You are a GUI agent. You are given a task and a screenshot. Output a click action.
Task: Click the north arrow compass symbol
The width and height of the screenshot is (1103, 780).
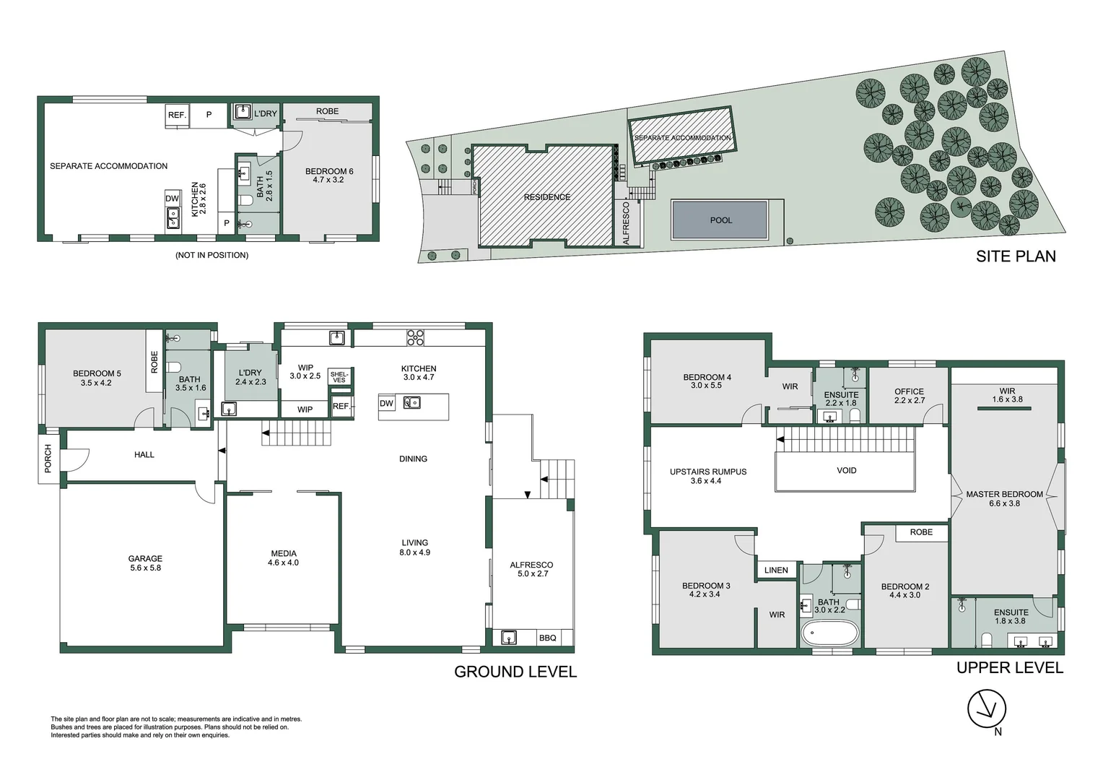point(987,708)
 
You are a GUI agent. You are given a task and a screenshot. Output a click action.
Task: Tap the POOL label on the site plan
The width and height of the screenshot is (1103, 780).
point(721,220)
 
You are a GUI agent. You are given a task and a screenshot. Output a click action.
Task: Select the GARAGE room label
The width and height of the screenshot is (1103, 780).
point(145,558)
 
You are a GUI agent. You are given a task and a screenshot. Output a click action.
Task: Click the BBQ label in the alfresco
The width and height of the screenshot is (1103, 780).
point(548,638)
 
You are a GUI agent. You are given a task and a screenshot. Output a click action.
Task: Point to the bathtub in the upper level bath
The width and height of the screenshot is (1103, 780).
point(829,633)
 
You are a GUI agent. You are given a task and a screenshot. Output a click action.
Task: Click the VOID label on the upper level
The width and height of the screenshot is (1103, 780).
point(847,471)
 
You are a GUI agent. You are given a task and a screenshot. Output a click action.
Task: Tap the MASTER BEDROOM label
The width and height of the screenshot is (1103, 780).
point(1005,494)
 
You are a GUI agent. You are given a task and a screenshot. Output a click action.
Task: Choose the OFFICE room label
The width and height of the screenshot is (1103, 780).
point(910,391)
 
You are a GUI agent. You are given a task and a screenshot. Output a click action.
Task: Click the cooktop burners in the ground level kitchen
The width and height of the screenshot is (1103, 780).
point(415,337)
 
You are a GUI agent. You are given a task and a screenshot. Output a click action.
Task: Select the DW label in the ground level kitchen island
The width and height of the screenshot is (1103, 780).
point(386,404)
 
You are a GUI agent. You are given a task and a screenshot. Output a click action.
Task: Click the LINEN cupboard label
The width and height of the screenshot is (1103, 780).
point(777,570)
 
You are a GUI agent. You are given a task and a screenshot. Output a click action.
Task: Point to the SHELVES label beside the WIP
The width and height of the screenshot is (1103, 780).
point(339,378)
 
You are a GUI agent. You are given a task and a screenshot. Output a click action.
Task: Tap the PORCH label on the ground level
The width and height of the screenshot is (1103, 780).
point(48,459)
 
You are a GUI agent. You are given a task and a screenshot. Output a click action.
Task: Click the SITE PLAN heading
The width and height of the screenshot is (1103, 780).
point(1016,256)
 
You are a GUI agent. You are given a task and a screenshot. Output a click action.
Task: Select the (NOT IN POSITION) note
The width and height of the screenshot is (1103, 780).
point(212,255)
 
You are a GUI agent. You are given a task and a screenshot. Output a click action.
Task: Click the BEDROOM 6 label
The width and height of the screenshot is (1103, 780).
point(329,171)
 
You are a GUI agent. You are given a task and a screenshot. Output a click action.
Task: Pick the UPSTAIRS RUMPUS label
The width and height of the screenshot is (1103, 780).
point(708,472)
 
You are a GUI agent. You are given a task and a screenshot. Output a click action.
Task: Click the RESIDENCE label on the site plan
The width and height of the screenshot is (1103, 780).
point(547,197)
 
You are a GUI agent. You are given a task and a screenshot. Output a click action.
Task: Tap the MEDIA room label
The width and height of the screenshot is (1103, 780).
point(284,553)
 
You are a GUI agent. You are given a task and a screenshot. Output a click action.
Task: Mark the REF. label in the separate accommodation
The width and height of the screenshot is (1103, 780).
point(177,115)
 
